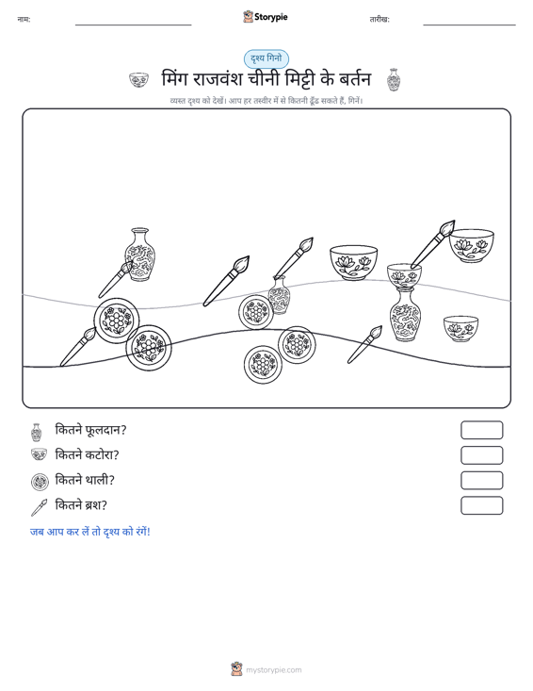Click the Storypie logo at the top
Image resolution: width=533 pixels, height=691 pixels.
(266, 17)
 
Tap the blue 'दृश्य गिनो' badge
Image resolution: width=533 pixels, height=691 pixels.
(266, 58)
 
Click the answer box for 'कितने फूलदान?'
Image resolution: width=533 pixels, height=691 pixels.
(481, 430)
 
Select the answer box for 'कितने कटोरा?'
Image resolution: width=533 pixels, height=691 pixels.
(481, 455)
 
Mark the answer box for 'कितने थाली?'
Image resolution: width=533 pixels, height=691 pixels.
(481, 481)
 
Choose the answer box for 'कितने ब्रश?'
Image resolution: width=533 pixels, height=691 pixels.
(481, 505)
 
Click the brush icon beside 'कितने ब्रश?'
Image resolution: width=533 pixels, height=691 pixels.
(40, 507)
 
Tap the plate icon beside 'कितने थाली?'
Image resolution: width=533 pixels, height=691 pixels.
(40, 482)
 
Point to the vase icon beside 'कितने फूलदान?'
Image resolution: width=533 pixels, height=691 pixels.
(37, 433)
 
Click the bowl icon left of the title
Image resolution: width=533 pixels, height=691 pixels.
(138, 80)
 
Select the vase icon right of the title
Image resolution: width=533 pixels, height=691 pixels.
(393, 80)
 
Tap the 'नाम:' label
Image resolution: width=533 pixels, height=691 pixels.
(24, 19)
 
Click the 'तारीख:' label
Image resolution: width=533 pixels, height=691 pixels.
(380, 20)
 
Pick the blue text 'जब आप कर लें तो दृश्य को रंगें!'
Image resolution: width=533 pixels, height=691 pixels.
(90, 532)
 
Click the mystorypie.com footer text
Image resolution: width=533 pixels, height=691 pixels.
(273, 670)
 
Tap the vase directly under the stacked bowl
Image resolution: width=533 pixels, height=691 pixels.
(405, 314)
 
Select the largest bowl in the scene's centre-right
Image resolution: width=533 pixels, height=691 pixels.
(353, 263)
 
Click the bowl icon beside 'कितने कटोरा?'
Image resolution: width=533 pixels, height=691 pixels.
(40, 454)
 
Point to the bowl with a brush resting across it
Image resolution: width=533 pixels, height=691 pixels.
(404, 275)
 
